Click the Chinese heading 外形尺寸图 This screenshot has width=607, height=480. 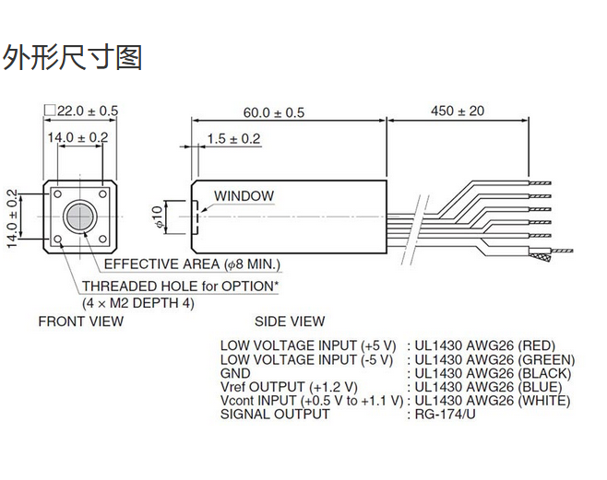(x=73, y=57)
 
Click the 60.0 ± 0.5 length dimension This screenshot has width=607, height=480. (x=273, y=112)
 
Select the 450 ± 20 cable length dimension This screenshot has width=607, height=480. (x=458, y=111)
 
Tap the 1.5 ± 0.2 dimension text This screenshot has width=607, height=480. (x=233, y=139)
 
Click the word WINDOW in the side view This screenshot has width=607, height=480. (x=244, y=195)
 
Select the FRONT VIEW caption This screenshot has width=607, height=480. (x=80, y=322)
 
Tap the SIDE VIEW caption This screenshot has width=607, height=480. (x=290, y=322)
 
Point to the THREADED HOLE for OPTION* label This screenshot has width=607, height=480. (x=180, y=286)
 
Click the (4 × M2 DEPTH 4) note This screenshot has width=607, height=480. (x=138, y=302)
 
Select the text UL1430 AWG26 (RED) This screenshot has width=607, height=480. (x=484, y=345)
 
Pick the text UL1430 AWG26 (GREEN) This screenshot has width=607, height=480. (x=494, y=359)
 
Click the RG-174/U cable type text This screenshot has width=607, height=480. (x=446, y=415)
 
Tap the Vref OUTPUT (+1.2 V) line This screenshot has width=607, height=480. (x=288, y=387)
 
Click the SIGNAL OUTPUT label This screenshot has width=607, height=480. (x=274, y=415)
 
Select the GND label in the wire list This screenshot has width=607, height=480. (x=235, y=373)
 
